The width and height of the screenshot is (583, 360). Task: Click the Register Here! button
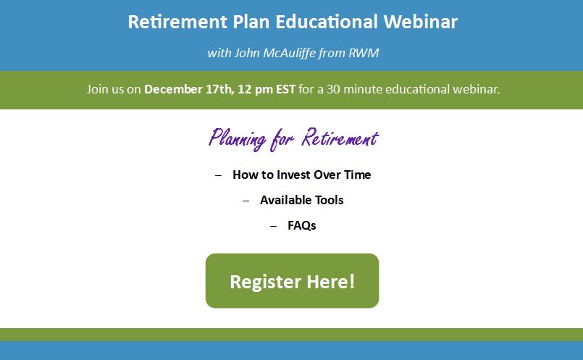click(293, 281)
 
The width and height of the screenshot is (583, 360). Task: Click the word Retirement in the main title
click(177, 22)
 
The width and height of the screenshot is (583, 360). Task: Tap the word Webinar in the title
click(421, 22)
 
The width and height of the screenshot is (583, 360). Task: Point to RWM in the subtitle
click(364, 53)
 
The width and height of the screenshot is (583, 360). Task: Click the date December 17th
click(189, 89)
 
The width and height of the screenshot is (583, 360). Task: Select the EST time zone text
click(285, 89)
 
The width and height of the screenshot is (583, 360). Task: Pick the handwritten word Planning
click(238, 139)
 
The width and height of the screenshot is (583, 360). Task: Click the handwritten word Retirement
click(340, 138)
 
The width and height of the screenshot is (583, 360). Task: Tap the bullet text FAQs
click(301, 225)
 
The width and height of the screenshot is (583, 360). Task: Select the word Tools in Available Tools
click(329, 200)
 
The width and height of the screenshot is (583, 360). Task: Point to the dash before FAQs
click(273, 226)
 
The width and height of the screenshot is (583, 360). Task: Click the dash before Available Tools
click(246, 201)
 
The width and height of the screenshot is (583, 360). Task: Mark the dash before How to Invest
click(218, 175)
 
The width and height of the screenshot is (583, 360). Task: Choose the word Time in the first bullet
click(357, 175)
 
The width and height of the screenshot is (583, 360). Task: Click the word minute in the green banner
click(363, 89)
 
